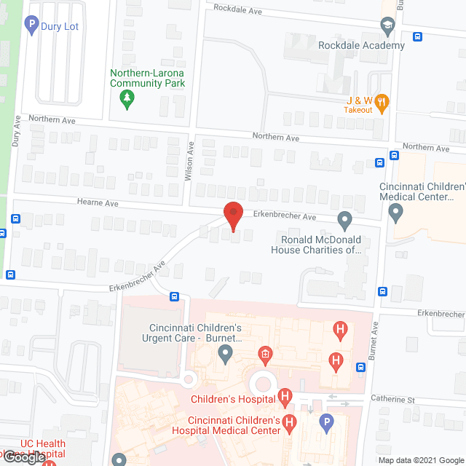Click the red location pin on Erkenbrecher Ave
click(x=232, y=216)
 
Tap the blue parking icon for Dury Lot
click(x=31, y=27)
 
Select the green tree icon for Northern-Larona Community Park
click(x=127, y=99)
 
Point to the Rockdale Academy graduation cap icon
click(x=388, y=28)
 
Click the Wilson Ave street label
click(x=189, y=160)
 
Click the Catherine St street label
click(x=412, y=400)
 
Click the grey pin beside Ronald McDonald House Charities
click(x=345, y=218)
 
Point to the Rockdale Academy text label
click(x=361, y=45)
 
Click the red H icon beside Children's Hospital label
click(x=285, y=398)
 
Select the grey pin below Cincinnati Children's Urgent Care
click(x=226, y=355)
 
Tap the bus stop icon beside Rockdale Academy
click(x=417, y=37)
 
